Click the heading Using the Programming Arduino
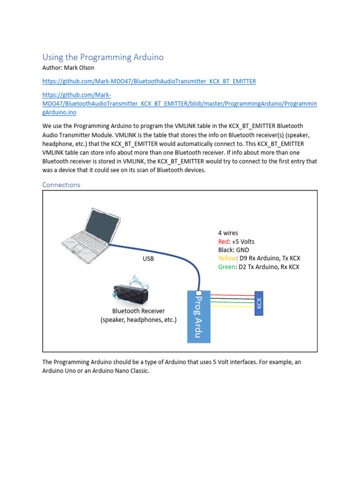click(x=103, y=57)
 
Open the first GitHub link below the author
click(x=149, y=81)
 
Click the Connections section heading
click(x=61, y=185)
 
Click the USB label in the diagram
click(x=148, y=258)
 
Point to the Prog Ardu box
click(x=199, y=316)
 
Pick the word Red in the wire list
click(x=224, y=241)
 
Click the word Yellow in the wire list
click(x=227, y=258)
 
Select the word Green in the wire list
click(x=226, y=267)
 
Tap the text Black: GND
click(x=233, y=250)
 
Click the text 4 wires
click(x=228, y=233)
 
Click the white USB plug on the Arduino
click(x=192, y=293)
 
